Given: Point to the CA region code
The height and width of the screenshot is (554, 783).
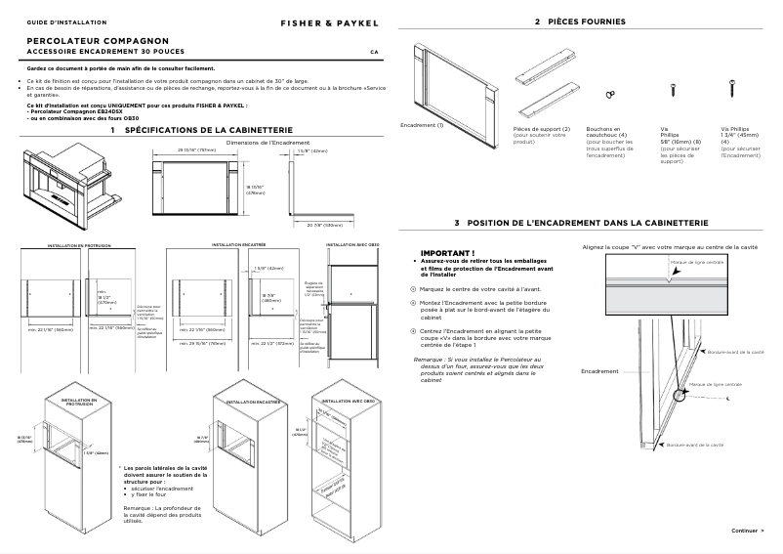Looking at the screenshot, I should [374, 51].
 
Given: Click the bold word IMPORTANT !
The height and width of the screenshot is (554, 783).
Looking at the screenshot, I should [440, 252].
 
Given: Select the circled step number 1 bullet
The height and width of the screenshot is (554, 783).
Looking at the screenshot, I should [413, 289].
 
